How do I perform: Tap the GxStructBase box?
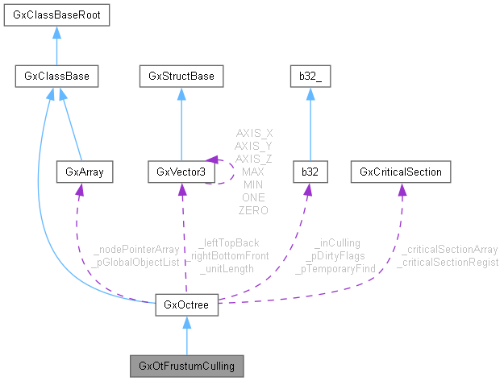pos(181,77)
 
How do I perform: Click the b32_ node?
pos(308,77)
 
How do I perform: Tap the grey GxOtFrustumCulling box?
pos(186,367)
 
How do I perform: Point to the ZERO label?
pos(253,209)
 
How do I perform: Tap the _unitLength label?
pos(227,268)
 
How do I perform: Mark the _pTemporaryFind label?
pos(336,268)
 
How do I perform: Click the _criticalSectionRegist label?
pos(449,262)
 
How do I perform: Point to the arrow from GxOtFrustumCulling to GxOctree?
pos(186,335)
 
